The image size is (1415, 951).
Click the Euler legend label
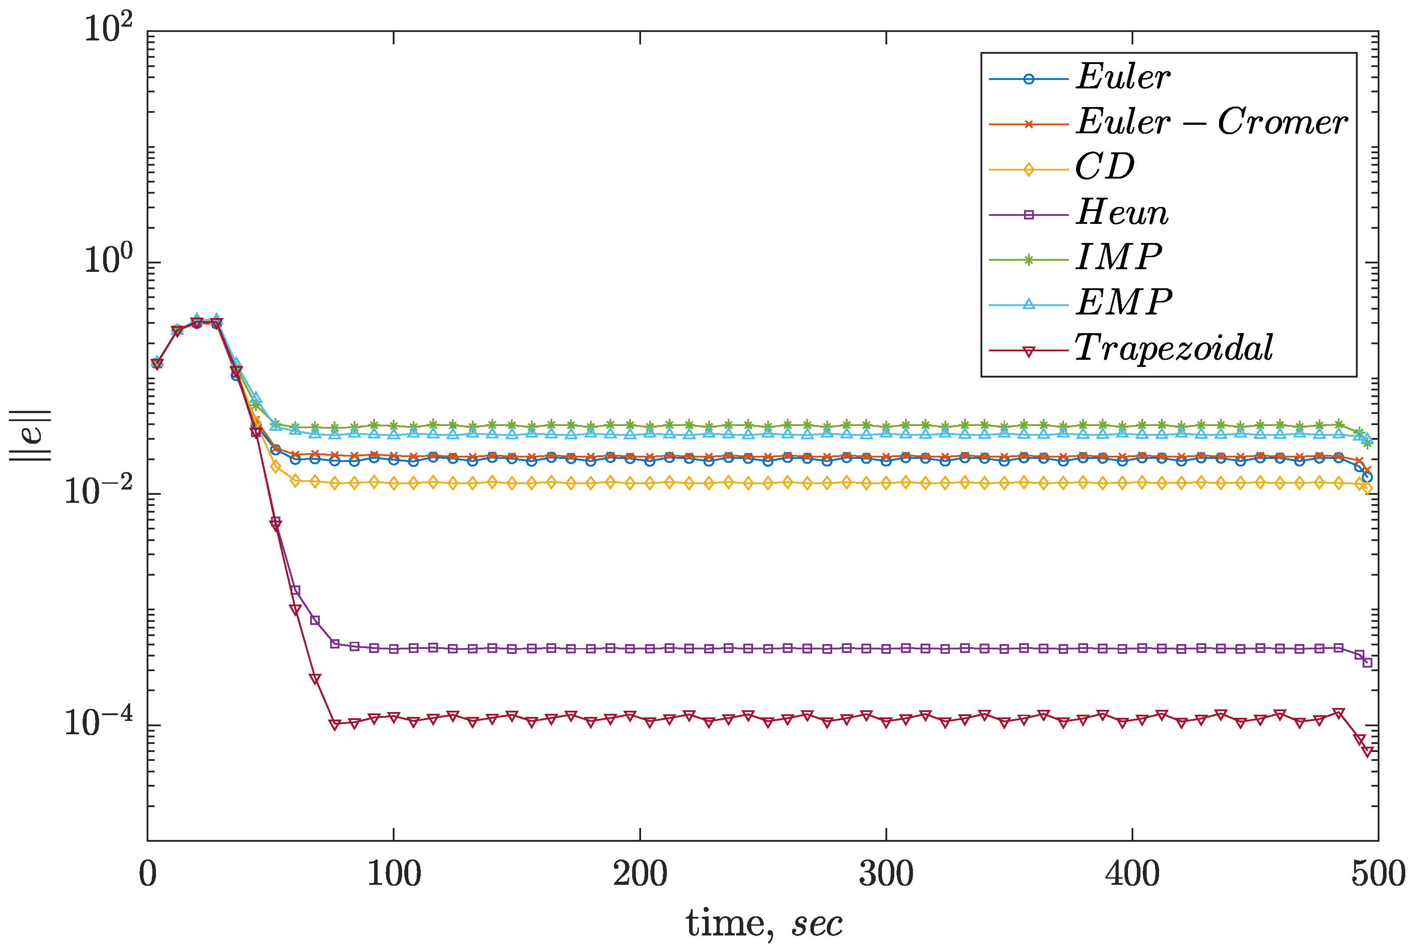coord(1123,78)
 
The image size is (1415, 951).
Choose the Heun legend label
coord(1122,213)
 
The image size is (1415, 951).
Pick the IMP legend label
coord(1119,258)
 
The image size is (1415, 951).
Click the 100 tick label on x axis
coord(394,875)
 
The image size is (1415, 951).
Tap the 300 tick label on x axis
coord(886,875)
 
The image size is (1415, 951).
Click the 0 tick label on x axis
coord(148,875)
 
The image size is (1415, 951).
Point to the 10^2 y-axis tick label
coord(108,29)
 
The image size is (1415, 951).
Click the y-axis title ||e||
coord(30,435)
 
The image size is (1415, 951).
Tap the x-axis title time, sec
coord(764,924)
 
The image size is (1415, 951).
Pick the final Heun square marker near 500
coord(1367,663)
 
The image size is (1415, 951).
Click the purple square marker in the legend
coord(1028,215)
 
